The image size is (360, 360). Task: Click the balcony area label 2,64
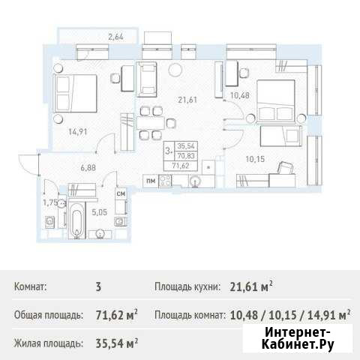point(115,37)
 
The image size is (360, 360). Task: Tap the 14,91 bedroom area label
point(78,131)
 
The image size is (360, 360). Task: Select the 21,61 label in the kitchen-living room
point(187,100)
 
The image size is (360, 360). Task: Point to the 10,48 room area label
point(240,95)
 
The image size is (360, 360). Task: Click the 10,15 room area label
point(255,159)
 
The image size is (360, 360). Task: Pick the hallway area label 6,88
point(88,167)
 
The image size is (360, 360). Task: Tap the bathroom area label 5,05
point(99,212)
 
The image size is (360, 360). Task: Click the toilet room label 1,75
point(50,202)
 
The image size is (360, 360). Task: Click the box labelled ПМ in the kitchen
point(151,181)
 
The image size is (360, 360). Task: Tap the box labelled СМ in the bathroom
point(121,193)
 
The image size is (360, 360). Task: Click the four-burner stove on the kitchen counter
point(165,181)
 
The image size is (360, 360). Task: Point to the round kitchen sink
point(196,181)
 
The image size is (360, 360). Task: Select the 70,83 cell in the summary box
point(186,156)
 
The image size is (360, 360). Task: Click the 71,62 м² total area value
point(117,315)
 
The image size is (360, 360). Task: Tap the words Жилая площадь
point(49,343)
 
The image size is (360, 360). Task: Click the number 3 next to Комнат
point(98,286)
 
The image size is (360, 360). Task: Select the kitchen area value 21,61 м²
point(251,286)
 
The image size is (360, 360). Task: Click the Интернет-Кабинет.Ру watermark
point(298,339)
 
